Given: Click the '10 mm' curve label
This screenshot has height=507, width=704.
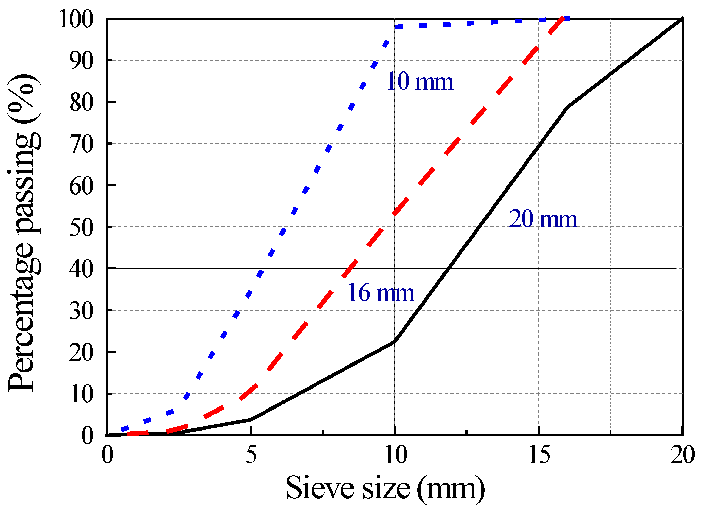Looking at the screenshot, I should tap(419, 82).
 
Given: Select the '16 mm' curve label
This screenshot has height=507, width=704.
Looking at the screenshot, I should tap(381, 292).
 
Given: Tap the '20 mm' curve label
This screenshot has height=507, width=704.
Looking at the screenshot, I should tap(543, 219).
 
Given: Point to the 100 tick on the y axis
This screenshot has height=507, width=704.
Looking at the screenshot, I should tap(76, 19).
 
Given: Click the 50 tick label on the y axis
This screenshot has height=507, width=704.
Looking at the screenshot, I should tap(81, 228).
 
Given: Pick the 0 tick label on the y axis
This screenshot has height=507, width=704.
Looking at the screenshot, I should tap(87, 436).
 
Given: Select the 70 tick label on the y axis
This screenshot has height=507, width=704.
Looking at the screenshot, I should tap(81, 145).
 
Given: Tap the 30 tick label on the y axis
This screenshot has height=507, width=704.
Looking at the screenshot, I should tap(81, 311).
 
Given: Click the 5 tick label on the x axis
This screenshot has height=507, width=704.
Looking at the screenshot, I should tap(251, 455).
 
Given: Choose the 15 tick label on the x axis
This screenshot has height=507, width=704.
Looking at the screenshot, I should tap(539, 455).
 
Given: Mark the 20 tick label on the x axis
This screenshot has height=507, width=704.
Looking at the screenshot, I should tap(682, 455).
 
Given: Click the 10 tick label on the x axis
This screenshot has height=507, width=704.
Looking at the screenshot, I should tap(395, 455).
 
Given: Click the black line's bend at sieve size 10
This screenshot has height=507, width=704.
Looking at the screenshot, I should tap(394, 342).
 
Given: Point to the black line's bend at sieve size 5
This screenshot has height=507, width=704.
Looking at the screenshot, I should tap(251, 419).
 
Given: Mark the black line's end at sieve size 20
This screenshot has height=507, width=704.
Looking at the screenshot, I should tap(682, 19).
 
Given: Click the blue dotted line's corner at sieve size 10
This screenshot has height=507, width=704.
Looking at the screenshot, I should tap(395, 27).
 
